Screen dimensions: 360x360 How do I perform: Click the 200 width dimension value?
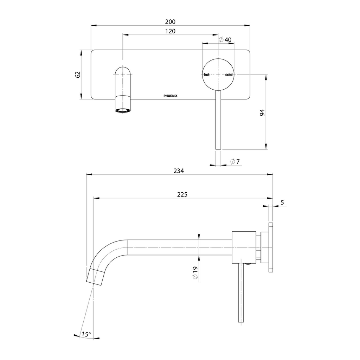[170, 21]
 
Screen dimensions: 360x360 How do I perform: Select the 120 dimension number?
[170, 31]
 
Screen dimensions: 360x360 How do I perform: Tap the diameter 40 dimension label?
[225, 40]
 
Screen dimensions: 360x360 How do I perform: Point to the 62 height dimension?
[78, 75]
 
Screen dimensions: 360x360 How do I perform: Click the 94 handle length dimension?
[262, 112]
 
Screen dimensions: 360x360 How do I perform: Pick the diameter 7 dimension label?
[235, 162]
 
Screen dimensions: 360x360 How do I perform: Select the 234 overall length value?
[179, 171]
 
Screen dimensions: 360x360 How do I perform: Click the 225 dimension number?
[182, 194]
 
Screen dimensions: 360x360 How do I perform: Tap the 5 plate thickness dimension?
[282, 202]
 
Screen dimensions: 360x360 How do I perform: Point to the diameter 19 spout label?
[195, 273]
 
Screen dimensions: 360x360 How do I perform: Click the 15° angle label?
[86, 334]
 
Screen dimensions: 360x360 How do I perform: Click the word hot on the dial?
[207, 75]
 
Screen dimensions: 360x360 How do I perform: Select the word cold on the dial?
[229, 75]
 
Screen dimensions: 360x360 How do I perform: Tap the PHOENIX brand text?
[171, 96]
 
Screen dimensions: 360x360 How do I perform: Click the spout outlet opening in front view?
[123, 110]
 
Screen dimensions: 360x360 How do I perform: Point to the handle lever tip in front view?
[218, 149]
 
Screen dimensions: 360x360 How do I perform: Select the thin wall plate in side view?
[271, 247]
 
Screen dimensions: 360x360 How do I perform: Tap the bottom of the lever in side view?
[240, 321]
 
